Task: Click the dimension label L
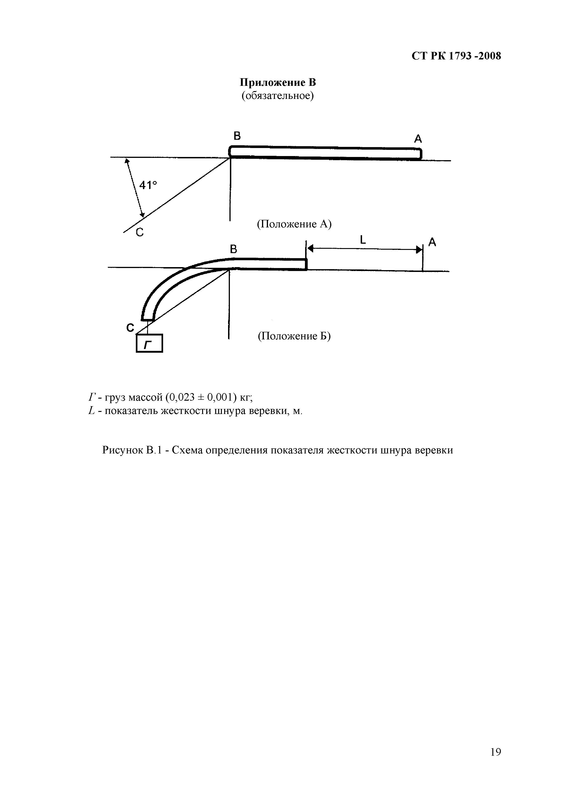coord(363,240)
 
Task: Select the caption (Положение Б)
coord(294,336)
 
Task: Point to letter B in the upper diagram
coord(237,136)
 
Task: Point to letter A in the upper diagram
coord(418,139)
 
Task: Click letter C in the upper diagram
coord(140,232)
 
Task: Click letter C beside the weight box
coord(130,328)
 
